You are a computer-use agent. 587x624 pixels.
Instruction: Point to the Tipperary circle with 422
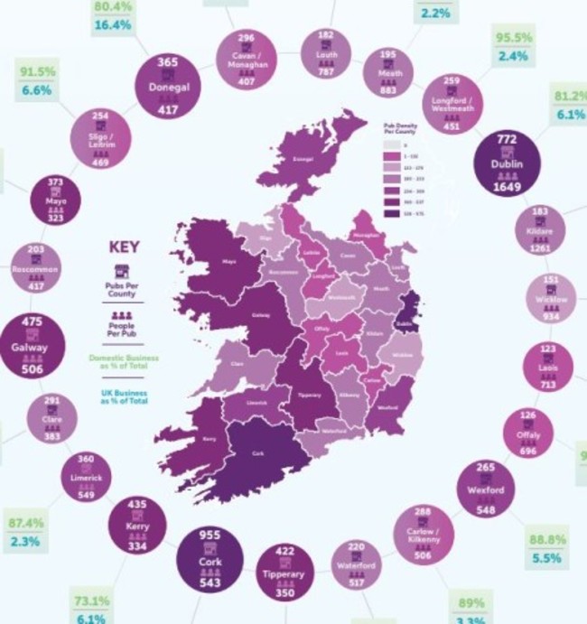click(290, 571)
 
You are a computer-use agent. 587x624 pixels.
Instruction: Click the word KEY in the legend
click(124, 246)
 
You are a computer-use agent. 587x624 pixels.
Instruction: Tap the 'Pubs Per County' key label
click(121, 290)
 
